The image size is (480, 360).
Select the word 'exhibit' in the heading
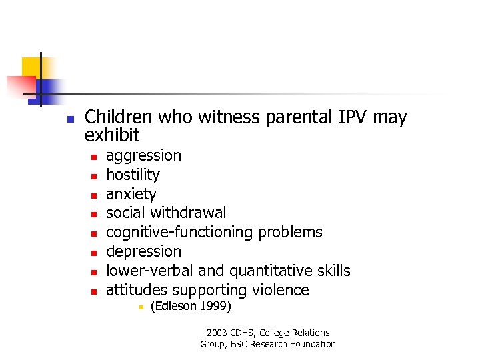pyautogui.click(x=112, y=136)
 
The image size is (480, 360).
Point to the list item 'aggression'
pyautogui.click(x=143, y=156)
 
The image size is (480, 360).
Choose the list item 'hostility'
pyautogui.click(x=133, y=175)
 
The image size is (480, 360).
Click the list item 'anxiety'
pyautogui.click(x=131, y=195)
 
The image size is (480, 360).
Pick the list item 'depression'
pyautogui.click(x=143, y=252)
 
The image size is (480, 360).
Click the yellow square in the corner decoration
pyautogui.click(x=31, y=67)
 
